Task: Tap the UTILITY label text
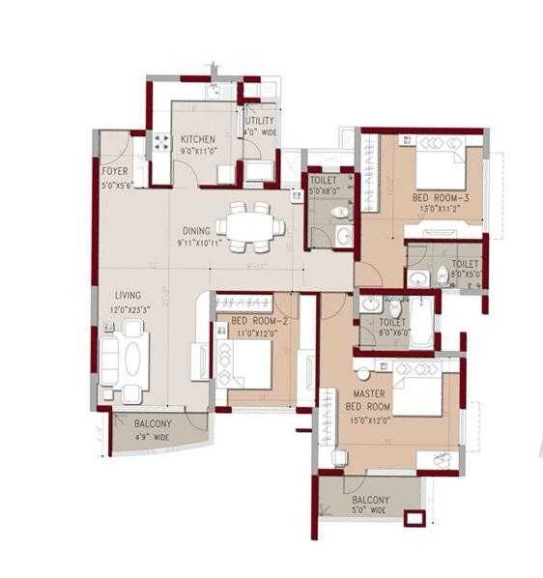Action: pyautogui.click(x=260, y=121)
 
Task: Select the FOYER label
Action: pyautogui.click(x=115, y=171)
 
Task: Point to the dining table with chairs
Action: pyautogui.click(x=250, y=223)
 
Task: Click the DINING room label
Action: pyautogui.click(x=197, y=232)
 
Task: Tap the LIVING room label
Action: pyautogui.click(x=129, y=295)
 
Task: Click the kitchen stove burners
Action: pyautogui.click(x=160, y=146)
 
